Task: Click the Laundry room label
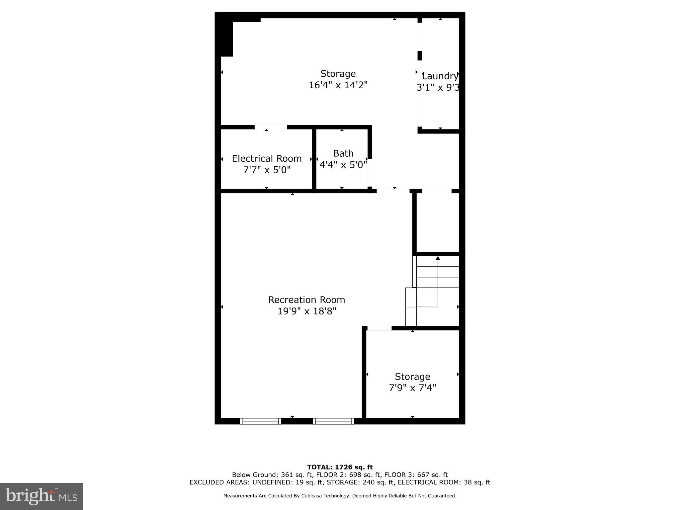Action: tap(440, 76)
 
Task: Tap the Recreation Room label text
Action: tap(306, 300)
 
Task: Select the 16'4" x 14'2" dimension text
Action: tap(338, 85)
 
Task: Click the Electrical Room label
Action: tap(267, 158)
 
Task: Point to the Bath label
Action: tap(343, 153)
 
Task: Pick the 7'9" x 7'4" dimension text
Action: tap(412, 388)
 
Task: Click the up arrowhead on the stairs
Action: tap(438, 258)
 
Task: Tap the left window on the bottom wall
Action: tap(261, 421)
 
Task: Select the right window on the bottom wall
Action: tap(333, 421)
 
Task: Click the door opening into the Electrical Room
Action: tap(271, 127)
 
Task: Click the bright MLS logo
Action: tap(42, 496)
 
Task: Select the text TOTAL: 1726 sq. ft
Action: tap(340, 467)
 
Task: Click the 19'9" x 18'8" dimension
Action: tap(307, 311)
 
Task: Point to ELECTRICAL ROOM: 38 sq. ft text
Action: tap(444, 482)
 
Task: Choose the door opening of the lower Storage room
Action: tap(379, 328)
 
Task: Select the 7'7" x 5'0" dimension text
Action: tap(267, 170)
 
